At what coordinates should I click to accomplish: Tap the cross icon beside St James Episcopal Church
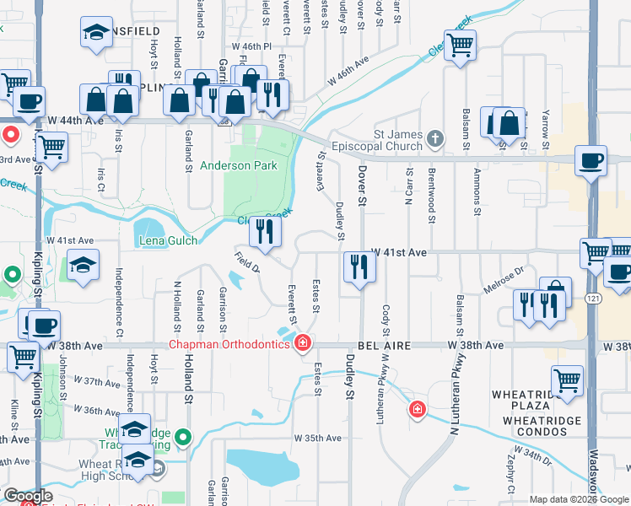[434, 137]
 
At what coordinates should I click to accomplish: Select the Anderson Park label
[239, 166]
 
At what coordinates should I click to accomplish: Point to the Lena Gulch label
[169, 240]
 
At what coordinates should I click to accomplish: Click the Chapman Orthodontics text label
[228, 344]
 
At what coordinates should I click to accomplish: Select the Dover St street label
[362, 186]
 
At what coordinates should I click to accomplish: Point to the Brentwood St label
[431, 206]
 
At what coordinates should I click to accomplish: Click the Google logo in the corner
[28, 497]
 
